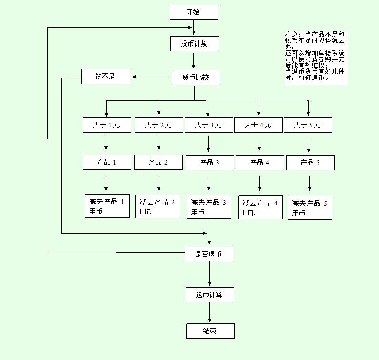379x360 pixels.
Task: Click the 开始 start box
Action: pos(193,12)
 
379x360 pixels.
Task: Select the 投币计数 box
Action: pos(194,44)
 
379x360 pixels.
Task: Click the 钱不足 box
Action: pos(105,77)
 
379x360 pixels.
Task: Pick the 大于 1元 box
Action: pos(106,125)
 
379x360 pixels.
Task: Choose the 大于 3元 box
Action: pos(208,125)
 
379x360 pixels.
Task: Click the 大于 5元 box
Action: pos(308,125)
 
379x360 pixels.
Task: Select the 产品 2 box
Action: pos(158,162)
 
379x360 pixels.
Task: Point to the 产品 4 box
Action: pos(259,163)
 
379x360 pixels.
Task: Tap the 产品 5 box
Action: pos(310,163)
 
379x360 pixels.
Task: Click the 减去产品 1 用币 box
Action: pos(106,206)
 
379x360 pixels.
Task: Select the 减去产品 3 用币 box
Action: pos(209,207)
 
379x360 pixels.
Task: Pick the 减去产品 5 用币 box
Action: pos(309,208)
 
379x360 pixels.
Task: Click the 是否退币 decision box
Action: pos(209,254)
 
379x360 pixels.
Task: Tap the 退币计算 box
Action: pos(209,295)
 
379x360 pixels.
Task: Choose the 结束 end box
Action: pos(210,331)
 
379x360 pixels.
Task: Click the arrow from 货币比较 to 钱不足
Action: pos(151,77)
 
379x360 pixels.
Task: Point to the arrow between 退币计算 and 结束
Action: pos(209,313)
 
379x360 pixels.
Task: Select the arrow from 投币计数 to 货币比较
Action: pos(194,60)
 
